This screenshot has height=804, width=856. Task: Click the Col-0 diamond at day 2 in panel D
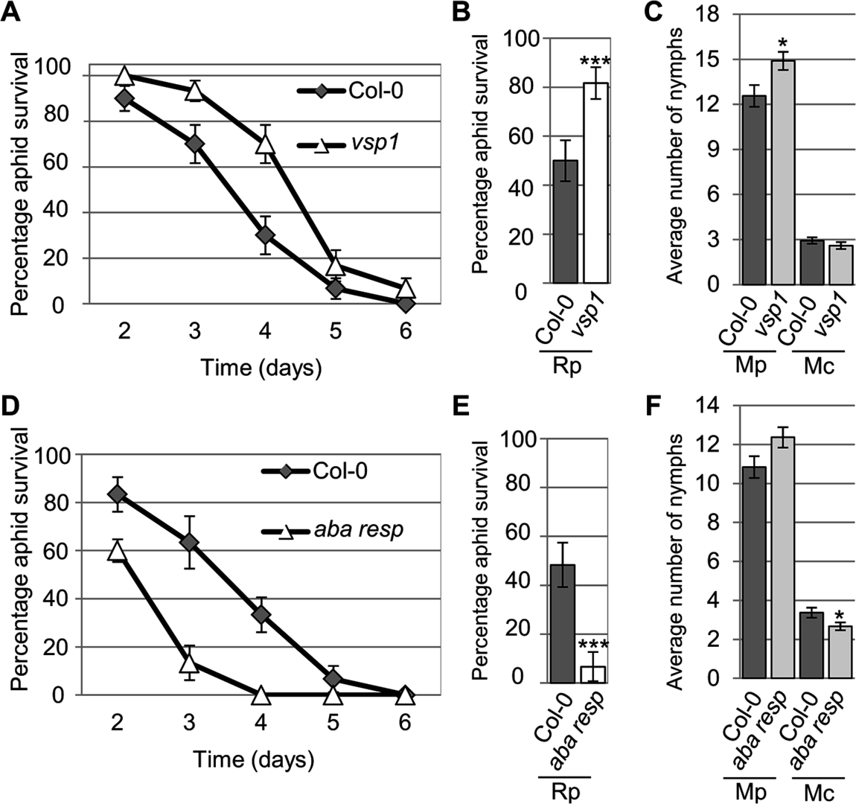[x=124, y=494]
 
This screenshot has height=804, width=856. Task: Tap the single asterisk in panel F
[x=839, y=616]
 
